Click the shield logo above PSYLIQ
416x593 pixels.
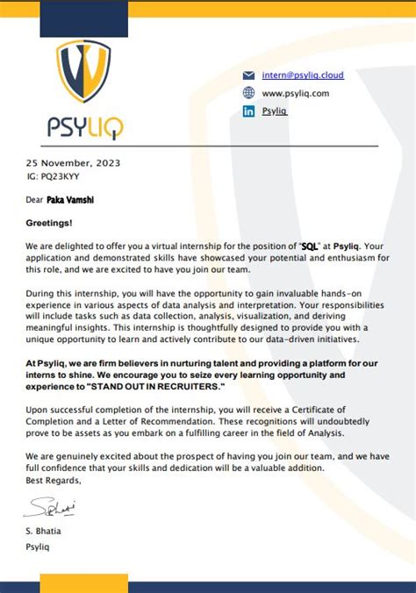83,71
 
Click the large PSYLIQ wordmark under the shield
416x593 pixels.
85,128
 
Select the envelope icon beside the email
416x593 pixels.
248,75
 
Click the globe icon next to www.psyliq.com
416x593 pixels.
248,93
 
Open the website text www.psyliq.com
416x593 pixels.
295,93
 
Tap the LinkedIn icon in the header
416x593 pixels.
248,111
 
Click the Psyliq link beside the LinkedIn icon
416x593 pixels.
275,111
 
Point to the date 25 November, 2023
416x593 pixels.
73,162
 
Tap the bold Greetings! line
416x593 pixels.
49,224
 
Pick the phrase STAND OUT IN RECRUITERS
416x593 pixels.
155,386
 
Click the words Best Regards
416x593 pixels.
54,480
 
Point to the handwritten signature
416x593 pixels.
51,506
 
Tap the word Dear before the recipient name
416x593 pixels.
34,200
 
